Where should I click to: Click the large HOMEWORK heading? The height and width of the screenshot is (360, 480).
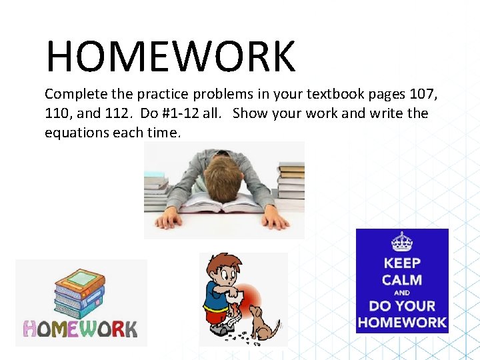pyautogui.click(x=170, y=57)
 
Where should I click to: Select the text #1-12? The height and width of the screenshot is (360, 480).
pyautogui.click(x=179, y=113)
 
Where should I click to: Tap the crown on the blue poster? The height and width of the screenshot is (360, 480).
pyautogui.click(x=402, y=241)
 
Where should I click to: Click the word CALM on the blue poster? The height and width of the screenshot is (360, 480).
pyautogui.click(x=402, y=279)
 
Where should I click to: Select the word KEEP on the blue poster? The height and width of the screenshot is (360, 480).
pyautogui.click(x=402, y=262)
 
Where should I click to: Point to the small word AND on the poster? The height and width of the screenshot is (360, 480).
pyautogui.click(x=402, y=293)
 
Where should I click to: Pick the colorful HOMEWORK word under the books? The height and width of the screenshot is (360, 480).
pyautogui.click(x=80, y=329)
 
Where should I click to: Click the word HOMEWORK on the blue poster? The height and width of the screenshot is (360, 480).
pyautogui.click(x=402, y=323)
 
